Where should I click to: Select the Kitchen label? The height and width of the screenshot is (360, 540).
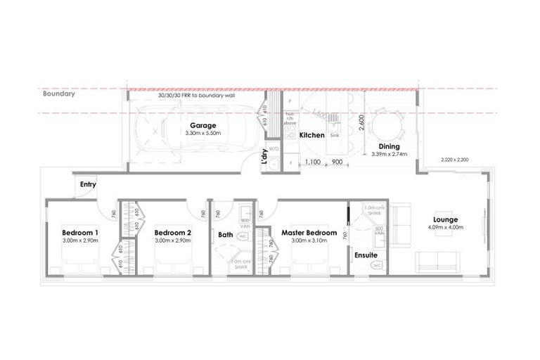point(311,134)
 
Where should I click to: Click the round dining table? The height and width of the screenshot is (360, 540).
point(385,127)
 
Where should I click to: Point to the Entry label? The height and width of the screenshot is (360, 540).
point(88,184)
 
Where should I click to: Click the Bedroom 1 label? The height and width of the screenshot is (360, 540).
point(79,233)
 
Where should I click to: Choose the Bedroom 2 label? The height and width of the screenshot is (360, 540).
point(172,233)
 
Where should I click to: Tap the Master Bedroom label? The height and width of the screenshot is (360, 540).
point(309,233)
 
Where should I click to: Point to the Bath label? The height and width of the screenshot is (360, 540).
point(225,235)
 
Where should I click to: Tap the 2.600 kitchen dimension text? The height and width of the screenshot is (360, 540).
point(361,124)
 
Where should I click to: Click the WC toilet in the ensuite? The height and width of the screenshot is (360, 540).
point(376,265)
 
